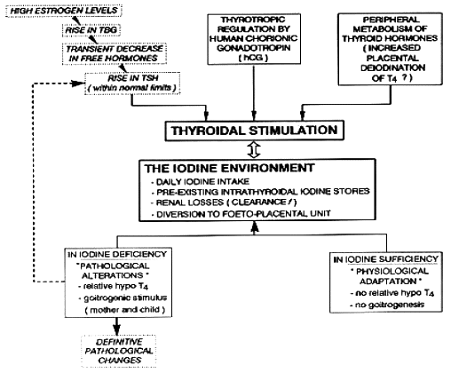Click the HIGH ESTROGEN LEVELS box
[x=64, y=11]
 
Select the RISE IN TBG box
[x=91, y=30]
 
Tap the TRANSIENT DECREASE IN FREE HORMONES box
[x=115, y=53]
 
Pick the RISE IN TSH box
[x=132, y=83]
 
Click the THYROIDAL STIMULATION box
[x=255, y=131]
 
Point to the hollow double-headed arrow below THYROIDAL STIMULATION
[x=254, y=149]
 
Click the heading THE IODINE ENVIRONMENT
[x=229, y=168]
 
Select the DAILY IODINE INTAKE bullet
[x=200, y=181]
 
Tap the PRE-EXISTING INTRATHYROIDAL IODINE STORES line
[x=260, y=192]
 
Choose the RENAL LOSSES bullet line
[x=224, y=202]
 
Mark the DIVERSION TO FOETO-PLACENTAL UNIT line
[x=241, y=214]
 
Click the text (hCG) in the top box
[x=254, y=58]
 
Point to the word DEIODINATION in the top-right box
[x=392, y=67]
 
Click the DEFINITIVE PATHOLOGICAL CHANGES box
[x=119, y=351]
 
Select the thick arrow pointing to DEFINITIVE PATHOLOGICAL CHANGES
[x=117, y=326]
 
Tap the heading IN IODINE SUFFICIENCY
[x=386, y=259]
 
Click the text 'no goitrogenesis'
[x=387, y=305]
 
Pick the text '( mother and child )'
[x=124, y=310]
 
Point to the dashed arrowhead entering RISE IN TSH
[x=79, y=83]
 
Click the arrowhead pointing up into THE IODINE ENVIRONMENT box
[x=255, y=226]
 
